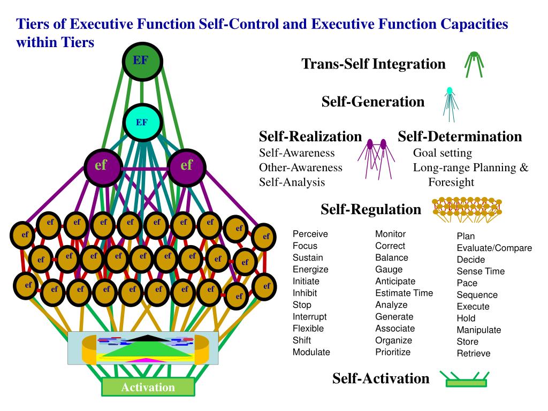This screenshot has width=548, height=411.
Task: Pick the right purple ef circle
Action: (x=186, y=166)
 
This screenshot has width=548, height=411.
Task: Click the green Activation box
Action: (x=148, y=387)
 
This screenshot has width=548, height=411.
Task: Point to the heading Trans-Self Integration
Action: (x=374, y=64)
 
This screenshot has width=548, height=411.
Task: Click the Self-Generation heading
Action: (x=372, y=102)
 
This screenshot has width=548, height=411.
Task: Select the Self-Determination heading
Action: (x=460, y=136)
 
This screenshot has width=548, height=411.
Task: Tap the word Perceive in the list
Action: (x=310, y=234)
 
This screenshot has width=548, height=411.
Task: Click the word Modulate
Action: (x=311, y=352)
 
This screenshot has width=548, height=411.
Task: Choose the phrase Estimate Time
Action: (x=404, y=293)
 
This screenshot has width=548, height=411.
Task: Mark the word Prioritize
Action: (x=393, y=352)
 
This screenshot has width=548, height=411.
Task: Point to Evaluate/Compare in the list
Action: (x=494, y=248)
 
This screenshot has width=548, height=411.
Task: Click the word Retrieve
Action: (x=473, y=353)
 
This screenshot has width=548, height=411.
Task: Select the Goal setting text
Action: (x=442, y=153)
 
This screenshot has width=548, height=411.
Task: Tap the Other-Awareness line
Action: (x=300, y=168)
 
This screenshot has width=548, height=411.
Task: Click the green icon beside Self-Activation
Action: (x=466, y=379)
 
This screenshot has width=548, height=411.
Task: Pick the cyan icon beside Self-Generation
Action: (x=450, y=104)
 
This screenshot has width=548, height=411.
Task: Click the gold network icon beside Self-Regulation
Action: (x=467, y=209)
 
